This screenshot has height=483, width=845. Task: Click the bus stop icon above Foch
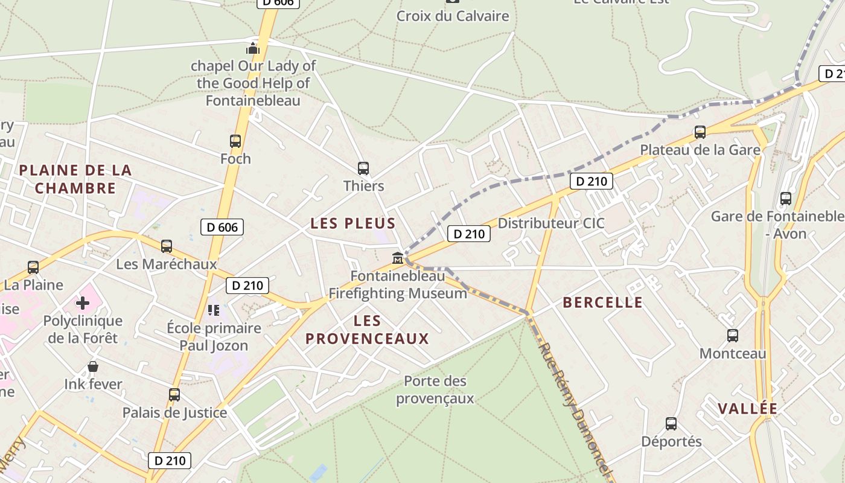[x=235, y=141]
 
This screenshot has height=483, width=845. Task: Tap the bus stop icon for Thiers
[x=363, y=168]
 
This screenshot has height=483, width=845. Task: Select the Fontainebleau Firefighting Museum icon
[x=398, y=258]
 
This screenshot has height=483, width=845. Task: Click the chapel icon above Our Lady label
[x=253, y=48]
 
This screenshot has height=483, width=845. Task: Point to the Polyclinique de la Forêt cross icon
[x=83, y=302]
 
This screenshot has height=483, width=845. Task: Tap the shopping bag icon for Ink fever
[x=93, y=366]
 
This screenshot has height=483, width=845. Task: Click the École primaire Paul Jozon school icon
[x=213, y=310]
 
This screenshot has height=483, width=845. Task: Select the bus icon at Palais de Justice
[x=174, y=395]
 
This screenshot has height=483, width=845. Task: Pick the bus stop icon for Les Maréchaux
[x=166, y=246]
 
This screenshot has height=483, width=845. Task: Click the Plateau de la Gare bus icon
[x=700, y=132]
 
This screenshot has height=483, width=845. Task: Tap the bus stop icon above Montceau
[x=732, y=336]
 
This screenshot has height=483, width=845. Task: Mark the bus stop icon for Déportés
[x=671, y=424]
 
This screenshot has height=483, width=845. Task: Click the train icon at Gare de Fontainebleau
[x=785, y=198]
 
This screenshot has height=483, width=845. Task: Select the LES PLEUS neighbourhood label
[x=353, y=223]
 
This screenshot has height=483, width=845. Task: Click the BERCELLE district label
[x=602, y=302]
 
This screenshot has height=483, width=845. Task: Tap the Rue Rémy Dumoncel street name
[x=576, y=410]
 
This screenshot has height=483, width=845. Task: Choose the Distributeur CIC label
[x=550, y=223]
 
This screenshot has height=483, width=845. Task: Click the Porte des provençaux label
[x=435, y=390]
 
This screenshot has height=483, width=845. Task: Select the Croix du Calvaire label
[x=453, y=16]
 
